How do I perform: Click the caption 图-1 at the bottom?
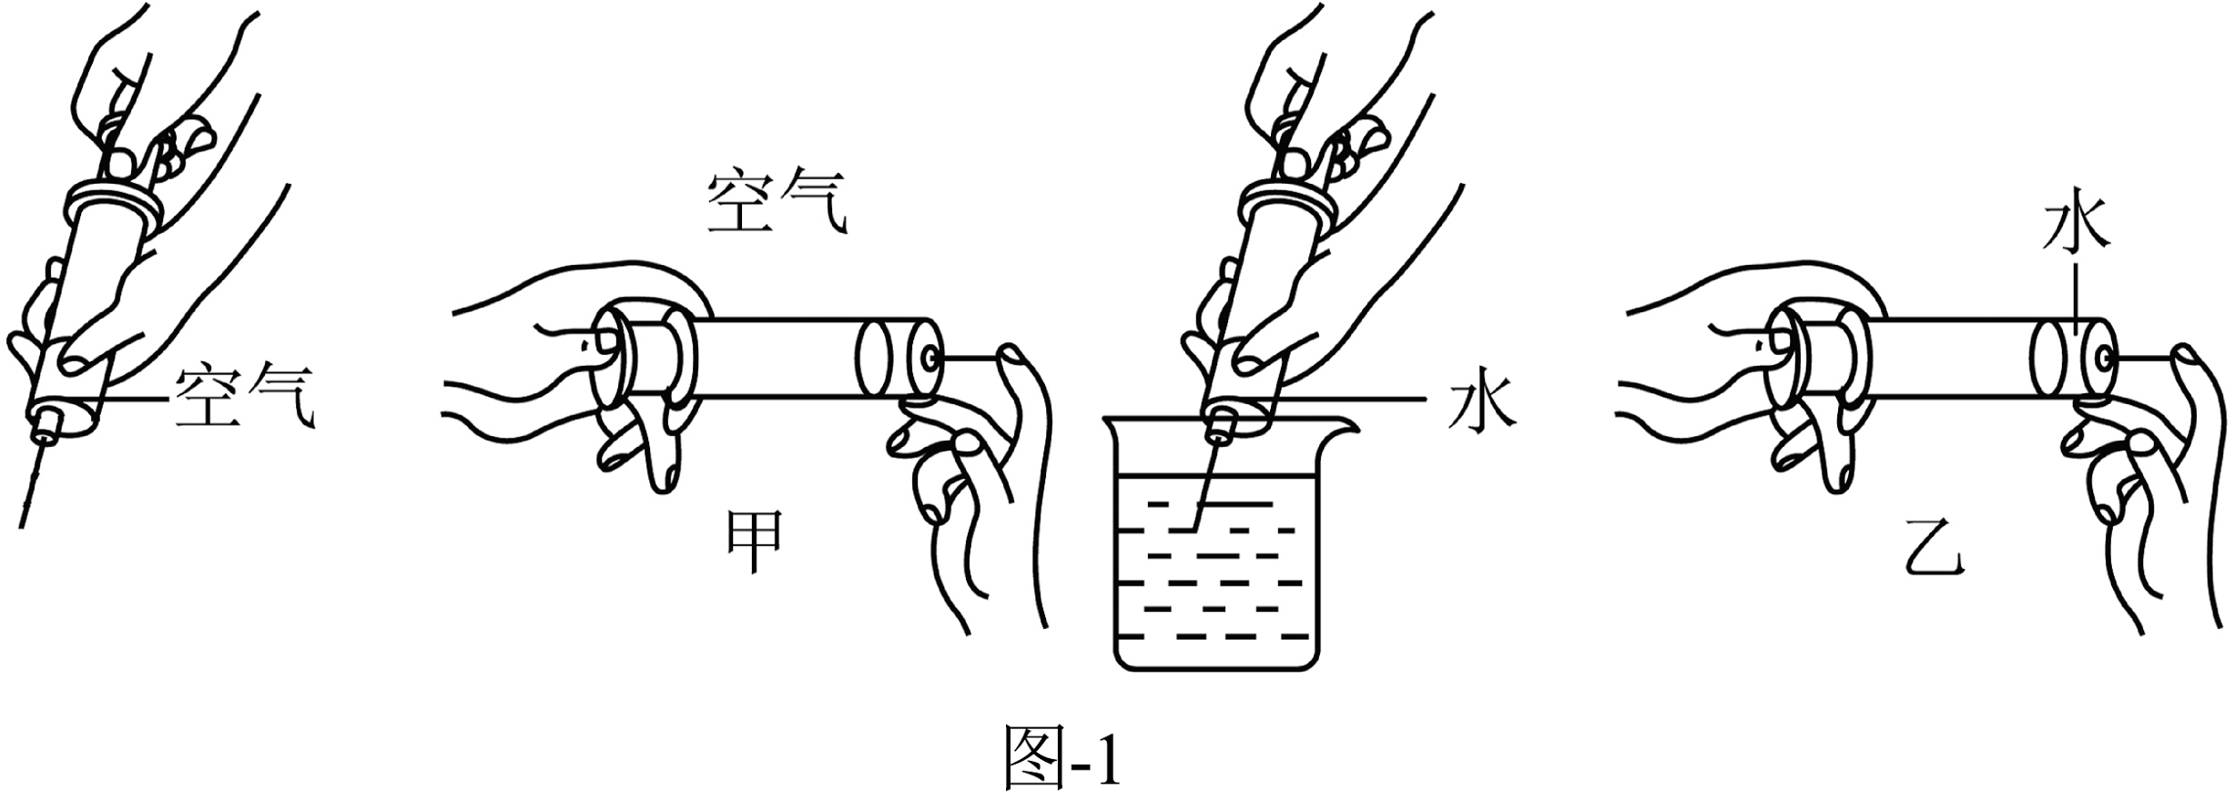point(1061,756)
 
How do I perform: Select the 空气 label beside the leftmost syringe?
point(244,398)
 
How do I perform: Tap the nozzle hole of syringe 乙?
point(2104,360)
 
